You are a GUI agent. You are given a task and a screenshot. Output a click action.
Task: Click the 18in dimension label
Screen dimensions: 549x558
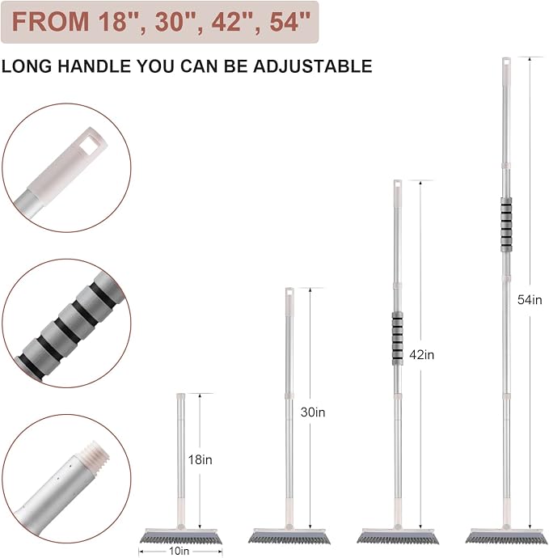[x=200, y=460]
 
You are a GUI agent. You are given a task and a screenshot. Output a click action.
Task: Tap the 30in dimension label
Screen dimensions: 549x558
[x=313, y=412]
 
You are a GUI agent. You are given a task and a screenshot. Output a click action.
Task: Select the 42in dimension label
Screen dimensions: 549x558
[x=421, y=355]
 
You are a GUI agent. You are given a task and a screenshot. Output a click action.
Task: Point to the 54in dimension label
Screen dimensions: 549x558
[x=530, y=300]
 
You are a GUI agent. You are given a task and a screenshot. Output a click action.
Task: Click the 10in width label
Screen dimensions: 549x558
[x=179, y=552]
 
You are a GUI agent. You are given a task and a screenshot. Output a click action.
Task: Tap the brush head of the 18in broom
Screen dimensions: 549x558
[x=180, y=535]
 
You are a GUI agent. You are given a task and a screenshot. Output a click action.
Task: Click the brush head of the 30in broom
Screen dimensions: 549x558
[x=289, y=535]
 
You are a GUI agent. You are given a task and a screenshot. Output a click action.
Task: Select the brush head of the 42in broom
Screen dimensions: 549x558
[x=398, y=535]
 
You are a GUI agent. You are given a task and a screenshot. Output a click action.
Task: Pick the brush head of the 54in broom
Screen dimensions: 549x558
[x=506, y=535]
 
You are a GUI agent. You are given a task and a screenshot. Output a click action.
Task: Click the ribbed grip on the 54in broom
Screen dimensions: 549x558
[x=506, y=225]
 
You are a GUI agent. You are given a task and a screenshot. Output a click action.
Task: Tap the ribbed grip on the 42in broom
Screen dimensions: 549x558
[x=398, y=338]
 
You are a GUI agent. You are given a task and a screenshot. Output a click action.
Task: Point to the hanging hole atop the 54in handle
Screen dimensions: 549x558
[x=506, y=62]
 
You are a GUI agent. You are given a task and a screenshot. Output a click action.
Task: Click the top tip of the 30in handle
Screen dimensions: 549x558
[x=289, y=288]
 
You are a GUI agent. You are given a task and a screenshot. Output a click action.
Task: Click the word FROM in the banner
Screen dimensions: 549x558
[x=50, y=22]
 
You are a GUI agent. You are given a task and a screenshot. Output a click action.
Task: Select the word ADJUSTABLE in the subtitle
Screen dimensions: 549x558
[x=313, y=66]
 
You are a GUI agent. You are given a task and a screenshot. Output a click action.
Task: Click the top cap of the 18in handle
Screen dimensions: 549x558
[x=181, y=395]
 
